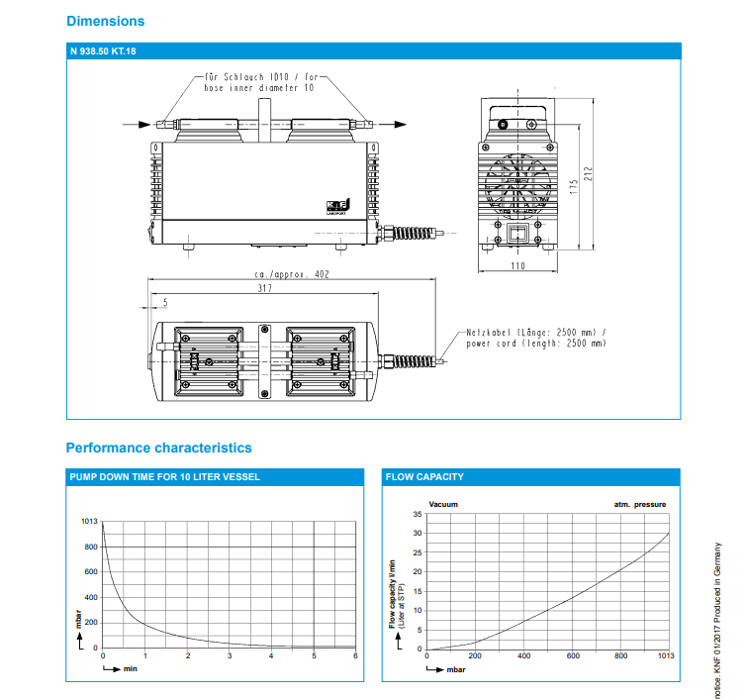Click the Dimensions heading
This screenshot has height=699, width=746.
click(x=105, y=21)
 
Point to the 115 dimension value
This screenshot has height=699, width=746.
click(x=573, y=185)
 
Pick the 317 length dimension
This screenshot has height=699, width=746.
click(x=263, y=289)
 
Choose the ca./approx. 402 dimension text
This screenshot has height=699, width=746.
click(x=291, y=275)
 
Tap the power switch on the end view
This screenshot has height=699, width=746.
click(x=516, y=235)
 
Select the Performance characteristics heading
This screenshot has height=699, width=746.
click(x=158, y=449)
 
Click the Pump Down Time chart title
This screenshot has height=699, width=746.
click(x=165, y=477)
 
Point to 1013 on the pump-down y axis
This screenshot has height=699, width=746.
click(x=89, y=521)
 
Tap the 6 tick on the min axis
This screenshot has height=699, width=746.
click(x=355, y=656)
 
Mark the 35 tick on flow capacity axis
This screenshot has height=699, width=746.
click(x=417, y=514)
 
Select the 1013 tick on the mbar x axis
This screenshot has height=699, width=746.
click(x=666, y=656)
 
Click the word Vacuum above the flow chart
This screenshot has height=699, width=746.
click(x=444, y=504)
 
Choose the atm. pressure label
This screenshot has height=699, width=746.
click(x=640, y=504)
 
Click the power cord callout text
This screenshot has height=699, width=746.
click(x=535, y=337)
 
